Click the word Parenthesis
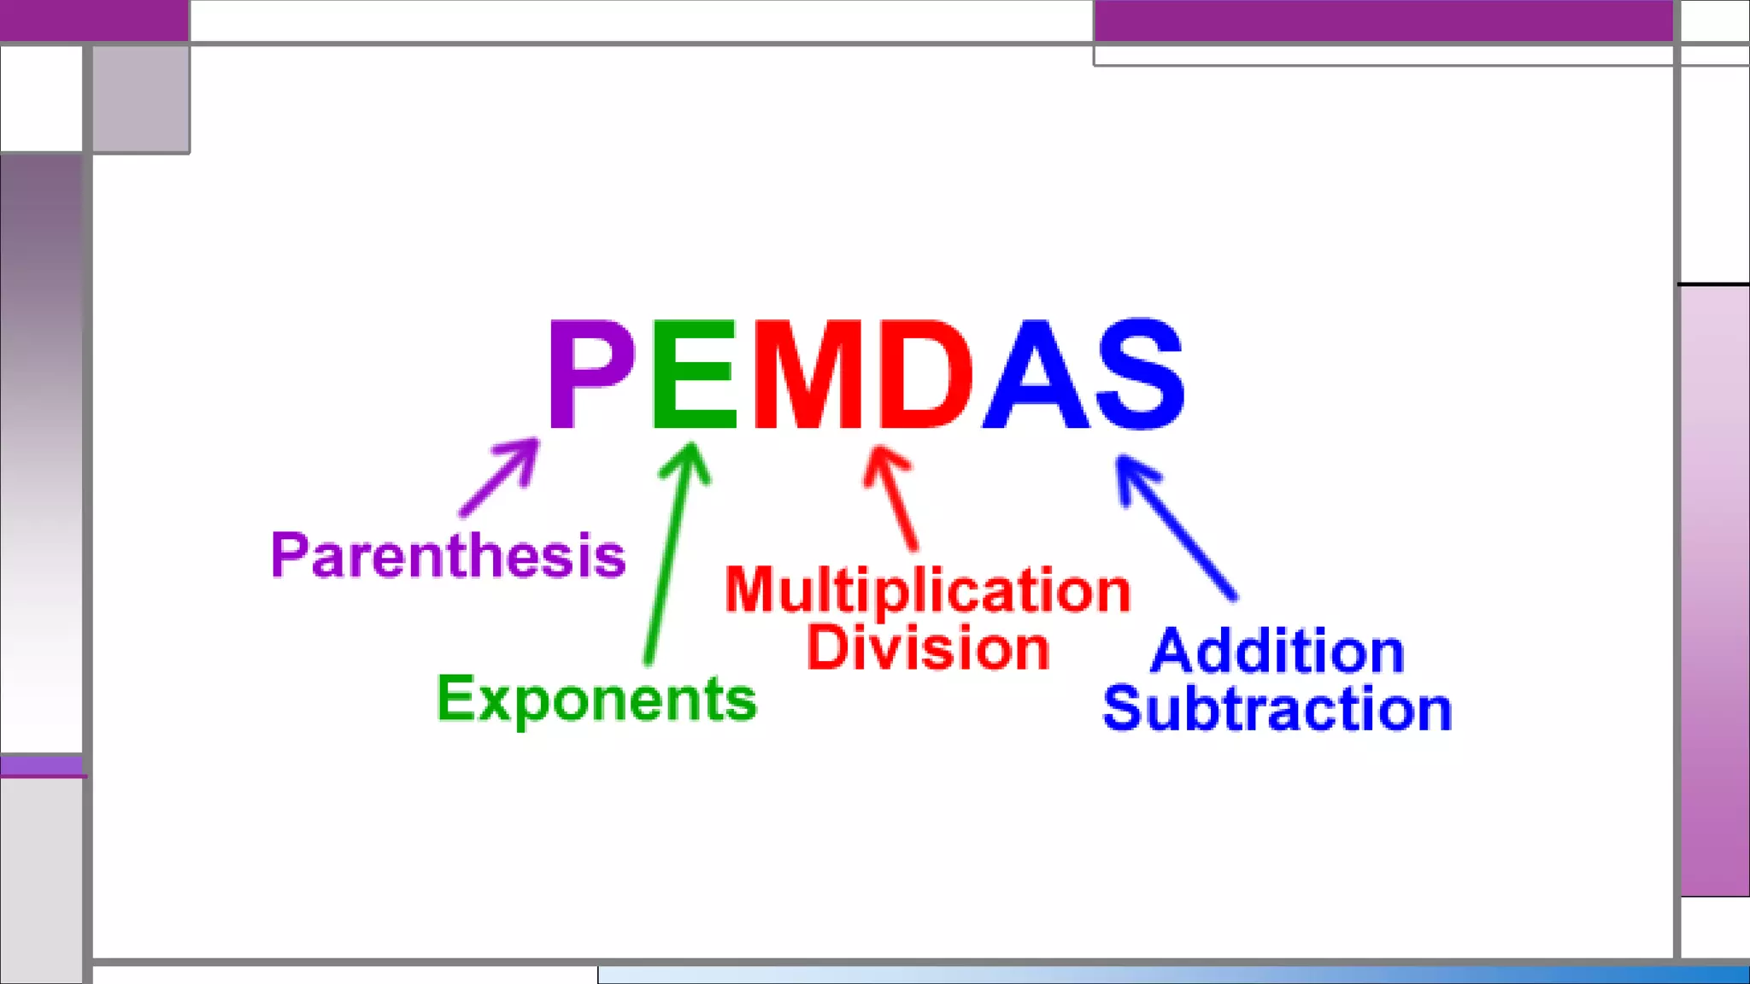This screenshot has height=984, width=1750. tap(449, 555)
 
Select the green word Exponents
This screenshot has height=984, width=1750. tap(596, 699)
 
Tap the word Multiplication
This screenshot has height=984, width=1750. tap(927, 590)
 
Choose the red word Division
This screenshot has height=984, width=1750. tap(928, 647)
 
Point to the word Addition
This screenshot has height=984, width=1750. tap(1277, 651)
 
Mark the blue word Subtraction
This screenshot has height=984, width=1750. tap(1277, 708)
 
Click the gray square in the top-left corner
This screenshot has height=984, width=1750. tap(141, 99)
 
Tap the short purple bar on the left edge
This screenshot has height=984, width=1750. tap(42, 765)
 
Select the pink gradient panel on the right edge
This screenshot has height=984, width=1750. tap(1714, 589)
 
